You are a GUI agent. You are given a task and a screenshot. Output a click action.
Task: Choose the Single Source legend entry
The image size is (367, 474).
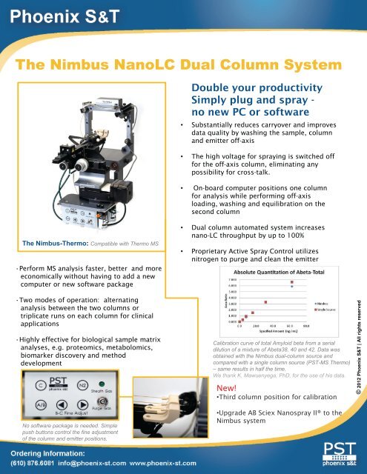326,307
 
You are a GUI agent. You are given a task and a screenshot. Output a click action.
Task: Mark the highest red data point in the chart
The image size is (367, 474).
292,283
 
